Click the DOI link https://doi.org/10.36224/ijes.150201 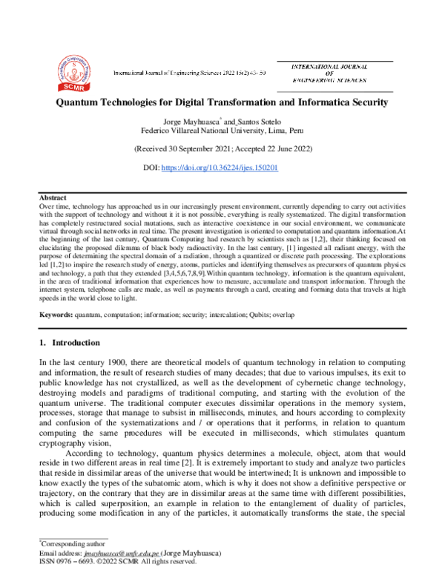[x=220, y=168]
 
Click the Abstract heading [x=53, y=198]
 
